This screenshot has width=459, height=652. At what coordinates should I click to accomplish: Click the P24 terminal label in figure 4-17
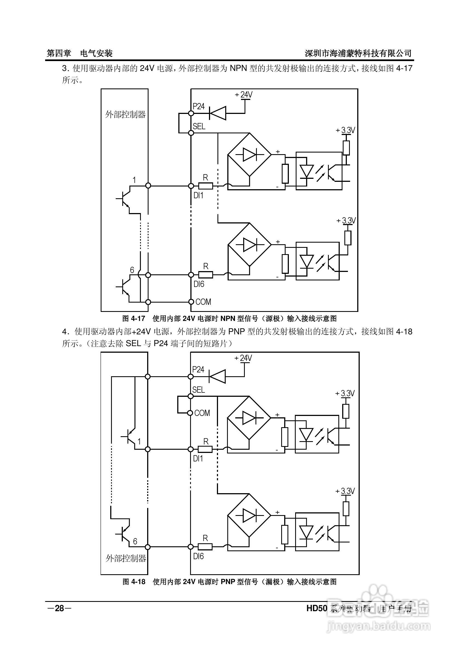pos(199,107)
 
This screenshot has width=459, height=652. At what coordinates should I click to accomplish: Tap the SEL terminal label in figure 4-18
pos(198,390)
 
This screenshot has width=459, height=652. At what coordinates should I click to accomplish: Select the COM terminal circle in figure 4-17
pos(191,301)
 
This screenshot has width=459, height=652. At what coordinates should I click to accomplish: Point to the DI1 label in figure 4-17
pos(198,195)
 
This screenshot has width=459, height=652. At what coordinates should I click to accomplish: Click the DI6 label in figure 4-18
pos(198,556)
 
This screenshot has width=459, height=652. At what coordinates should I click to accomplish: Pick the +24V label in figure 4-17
pos(244,94)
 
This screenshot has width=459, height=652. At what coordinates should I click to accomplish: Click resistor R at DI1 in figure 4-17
pos(205,186)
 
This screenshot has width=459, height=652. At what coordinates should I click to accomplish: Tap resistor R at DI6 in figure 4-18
pos(205,547)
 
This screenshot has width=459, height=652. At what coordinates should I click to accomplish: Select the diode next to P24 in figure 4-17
pos(217,113)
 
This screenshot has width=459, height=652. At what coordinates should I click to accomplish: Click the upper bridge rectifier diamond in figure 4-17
pos(249,155)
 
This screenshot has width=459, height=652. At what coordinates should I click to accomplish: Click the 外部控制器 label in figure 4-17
pos(125,115)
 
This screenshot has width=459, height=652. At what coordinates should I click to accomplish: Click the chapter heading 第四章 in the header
pos(59,53)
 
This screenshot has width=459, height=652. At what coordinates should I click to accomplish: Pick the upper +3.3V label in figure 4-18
pos(345,394)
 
